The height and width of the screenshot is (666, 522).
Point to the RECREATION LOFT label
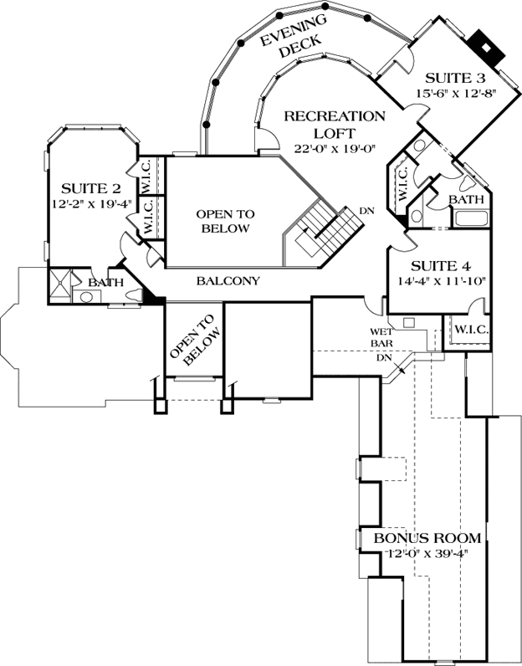pyautogui.click(x=334, y=124)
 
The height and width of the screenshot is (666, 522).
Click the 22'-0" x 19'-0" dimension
pyautogui.click(x=335, y=148)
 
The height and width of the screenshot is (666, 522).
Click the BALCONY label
pyautogui.click(x=228, y=281)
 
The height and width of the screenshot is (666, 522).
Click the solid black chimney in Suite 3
pyautogui.click(x=484, y=43)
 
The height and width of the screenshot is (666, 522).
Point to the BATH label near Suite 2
pyautogui.click(x=107, y=283)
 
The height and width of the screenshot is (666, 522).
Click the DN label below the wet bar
pyautogui.click(x=386, y=357)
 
